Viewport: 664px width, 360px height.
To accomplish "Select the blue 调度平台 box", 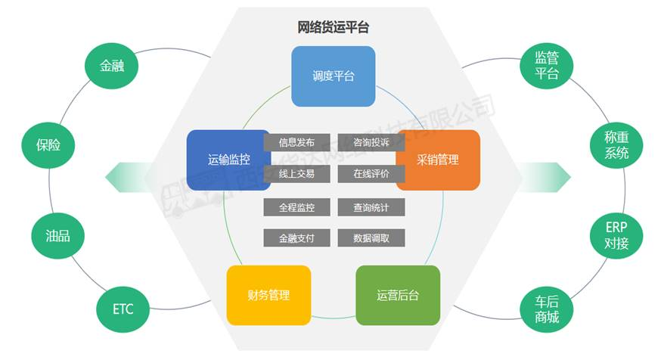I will tap(333, 76).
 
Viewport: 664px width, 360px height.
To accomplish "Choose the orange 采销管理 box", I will tap(438, 160).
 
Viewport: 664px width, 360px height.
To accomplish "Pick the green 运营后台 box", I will tap(398, 295).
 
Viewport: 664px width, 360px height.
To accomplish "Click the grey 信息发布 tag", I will tap(296, 141).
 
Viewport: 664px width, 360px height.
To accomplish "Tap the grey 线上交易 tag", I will tap(296, 173).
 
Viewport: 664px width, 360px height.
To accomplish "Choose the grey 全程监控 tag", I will tap(296, 206).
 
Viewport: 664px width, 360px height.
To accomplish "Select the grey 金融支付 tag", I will tap(296, 237).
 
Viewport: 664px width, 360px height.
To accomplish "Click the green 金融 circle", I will tap(112, 66).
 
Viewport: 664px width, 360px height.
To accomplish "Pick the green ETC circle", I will tap(123, 309).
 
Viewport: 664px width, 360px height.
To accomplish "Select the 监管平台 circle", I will tap(547, 66).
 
